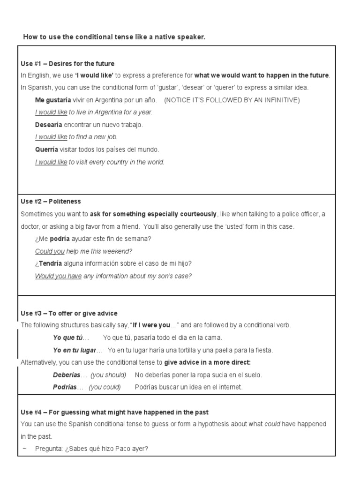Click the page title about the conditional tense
coord(114,37)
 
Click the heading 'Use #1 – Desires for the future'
coord(67,63)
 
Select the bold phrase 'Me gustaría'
coord(53,100)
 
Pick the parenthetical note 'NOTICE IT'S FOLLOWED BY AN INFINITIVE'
coord(232,100)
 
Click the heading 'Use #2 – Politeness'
coord(51,202)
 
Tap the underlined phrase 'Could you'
coord(50,251)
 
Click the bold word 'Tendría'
coord(50,264)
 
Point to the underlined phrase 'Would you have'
coord(58,276)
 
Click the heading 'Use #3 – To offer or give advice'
coord(69,313)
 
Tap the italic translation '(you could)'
coord(105,387)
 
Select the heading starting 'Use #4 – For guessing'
coord(114,412)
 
